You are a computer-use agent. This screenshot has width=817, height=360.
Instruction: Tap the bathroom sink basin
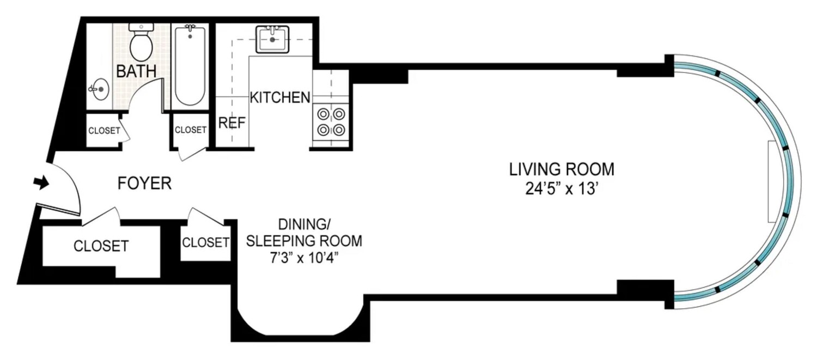tap(99, 89)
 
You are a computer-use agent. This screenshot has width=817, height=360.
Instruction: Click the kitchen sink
tap(272, 40)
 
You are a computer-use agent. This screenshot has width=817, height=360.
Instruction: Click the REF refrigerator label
tap(231, 123)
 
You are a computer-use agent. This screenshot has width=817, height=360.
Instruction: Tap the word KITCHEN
tap(280, 98)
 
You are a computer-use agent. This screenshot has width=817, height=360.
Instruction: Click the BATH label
tap(136, 71)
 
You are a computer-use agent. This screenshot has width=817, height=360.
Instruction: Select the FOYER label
tap(145, 184)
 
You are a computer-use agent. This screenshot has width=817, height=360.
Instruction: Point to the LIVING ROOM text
tap(562, 169)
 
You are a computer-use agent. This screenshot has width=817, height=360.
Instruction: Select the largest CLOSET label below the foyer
tap(101, 246)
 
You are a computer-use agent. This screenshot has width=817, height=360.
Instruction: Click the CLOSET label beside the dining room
tap(205, 242)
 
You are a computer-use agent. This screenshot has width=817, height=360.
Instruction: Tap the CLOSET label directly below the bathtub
tap(191, 130)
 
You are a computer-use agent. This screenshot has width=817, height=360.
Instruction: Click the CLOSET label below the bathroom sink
tap(103, 131)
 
